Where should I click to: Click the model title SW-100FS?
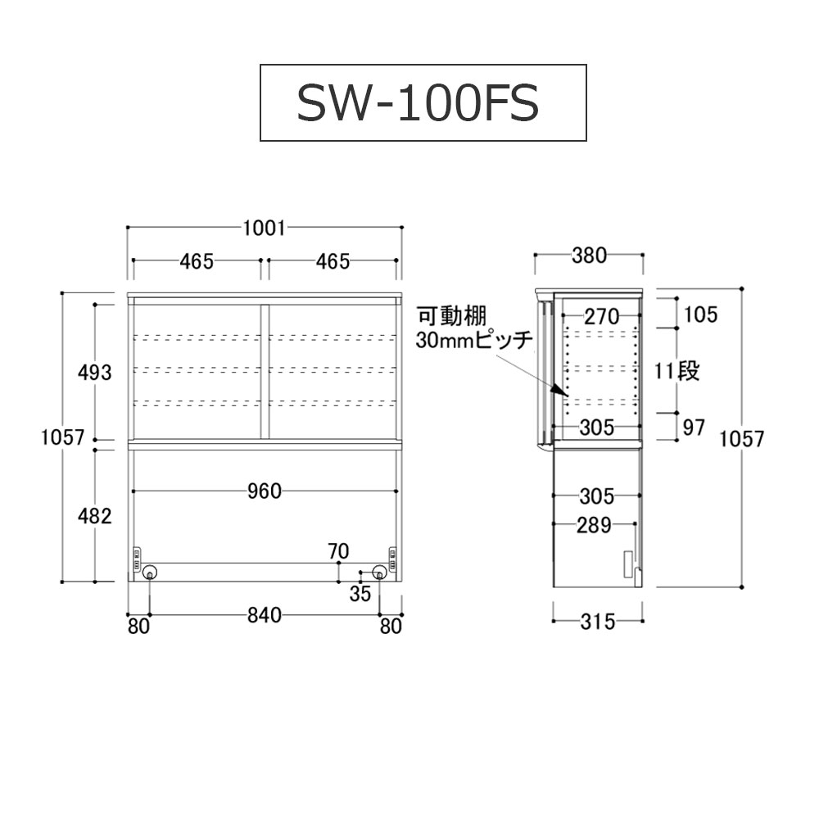coord(418,103)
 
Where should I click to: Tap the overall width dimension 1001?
coord(265,229)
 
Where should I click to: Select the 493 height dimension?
coord(94,373)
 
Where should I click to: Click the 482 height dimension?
coord(94,517)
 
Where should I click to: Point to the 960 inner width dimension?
coord(265,491)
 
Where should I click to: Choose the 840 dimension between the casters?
coord(265,616)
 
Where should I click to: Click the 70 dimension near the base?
coord(338,551)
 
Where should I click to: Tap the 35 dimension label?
coord(360,594)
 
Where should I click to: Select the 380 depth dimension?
coord(589,256)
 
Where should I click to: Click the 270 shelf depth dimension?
coord(602,316)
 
